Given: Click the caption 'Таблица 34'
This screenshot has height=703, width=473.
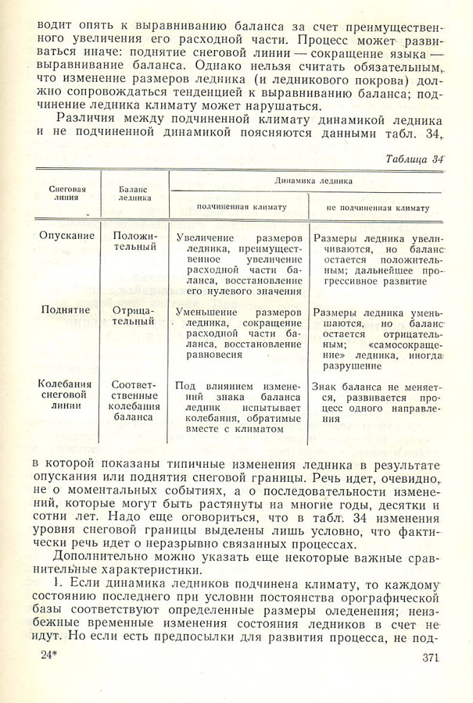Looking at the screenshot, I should tap(414, 159).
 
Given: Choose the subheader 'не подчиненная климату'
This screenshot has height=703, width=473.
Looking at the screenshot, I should tap(378, 209).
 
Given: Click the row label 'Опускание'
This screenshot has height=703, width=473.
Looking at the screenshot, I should tap(67, 235).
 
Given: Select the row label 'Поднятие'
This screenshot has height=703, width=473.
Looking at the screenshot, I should tap(67, 311).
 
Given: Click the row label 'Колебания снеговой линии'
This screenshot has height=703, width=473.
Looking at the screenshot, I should tap(67, 395).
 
